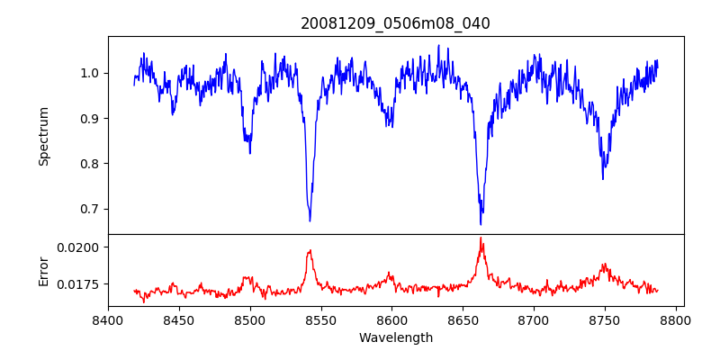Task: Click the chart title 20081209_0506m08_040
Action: pyautogui.click(x=395, y=24)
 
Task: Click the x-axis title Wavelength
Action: pyautogui.click(x=395, y=338)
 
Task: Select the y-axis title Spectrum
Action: pyautogui.click(x=43, y=136)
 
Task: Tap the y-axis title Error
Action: pyautogui.click(x=43, y=270)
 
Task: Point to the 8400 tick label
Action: pyautogui.click(x=108, y=320)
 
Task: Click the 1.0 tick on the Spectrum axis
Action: pyautogui.click(x=91, y=73)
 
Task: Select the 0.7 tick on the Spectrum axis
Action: pyautogui.click(x=91, y=209)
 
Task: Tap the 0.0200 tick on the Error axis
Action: pyautogui.click(x=82, y=247)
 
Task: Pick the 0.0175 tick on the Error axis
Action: pyautogui.click(x=82, y=284)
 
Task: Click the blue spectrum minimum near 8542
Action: pyautogui.click(x=310, y=221)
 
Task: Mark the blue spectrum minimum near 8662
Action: pyautogui.click(x=481, y=225)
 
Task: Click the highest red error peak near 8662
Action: pyautogui.click(x=481, y=238)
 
